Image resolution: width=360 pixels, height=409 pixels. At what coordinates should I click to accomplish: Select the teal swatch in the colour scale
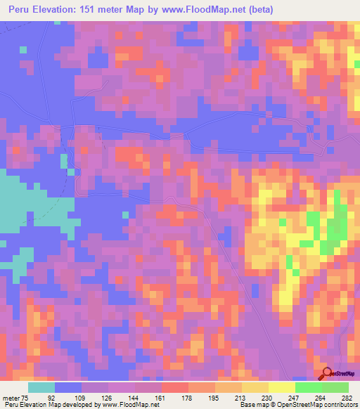tap(41, 387)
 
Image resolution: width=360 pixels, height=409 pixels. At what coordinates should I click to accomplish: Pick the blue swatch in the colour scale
tap(68, 387)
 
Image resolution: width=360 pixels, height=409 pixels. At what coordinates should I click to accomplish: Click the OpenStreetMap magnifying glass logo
tap(326, 375)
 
